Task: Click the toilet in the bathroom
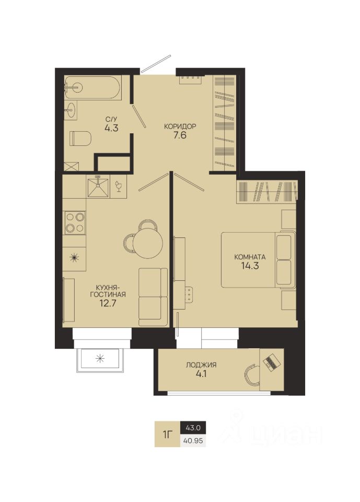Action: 80,138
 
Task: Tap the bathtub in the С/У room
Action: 92,88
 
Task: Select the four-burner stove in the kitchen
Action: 75,223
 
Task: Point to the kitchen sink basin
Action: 98,187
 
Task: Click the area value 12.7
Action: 107,303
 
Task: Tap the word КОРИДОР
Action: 180,126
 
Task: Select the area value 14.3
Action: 250,266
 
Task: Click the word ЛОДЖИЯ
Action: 201,364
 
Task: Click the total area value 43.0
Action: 193,427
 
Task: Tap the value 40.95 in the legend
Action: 193,441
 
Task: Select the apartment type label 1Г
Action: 168,435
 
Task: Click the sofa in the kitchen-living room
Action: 153,297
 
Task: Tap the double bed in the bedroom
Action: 258,260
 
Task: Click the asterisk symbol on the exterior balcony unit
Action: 100,359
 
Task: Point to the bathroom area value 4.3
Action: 111,128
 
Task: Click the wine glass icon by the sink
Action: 119,187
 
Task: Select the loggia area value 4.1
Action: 201,373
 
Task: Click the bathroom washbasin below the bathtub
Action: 71,110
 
